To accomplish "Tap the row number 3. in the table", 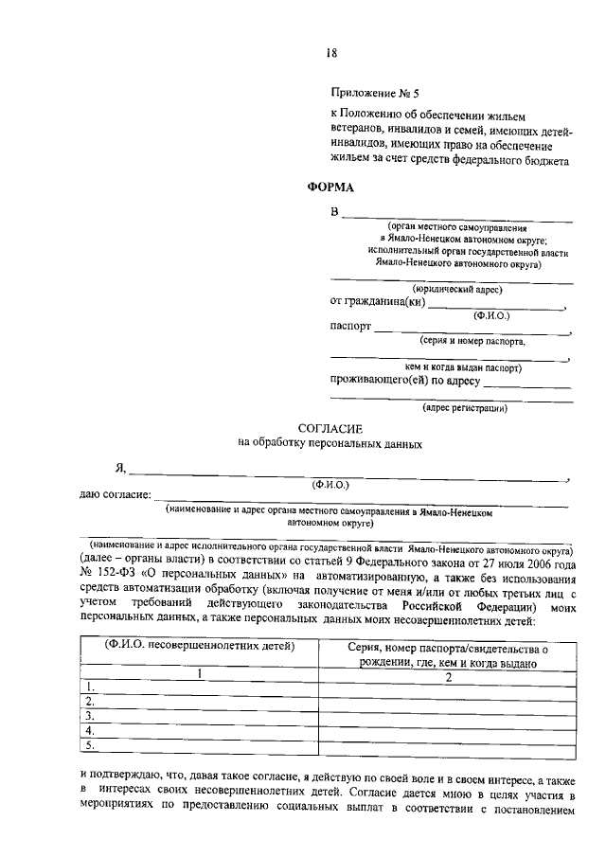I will coord(91,716).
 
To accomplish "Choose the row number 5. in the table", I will coord(91,745).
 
